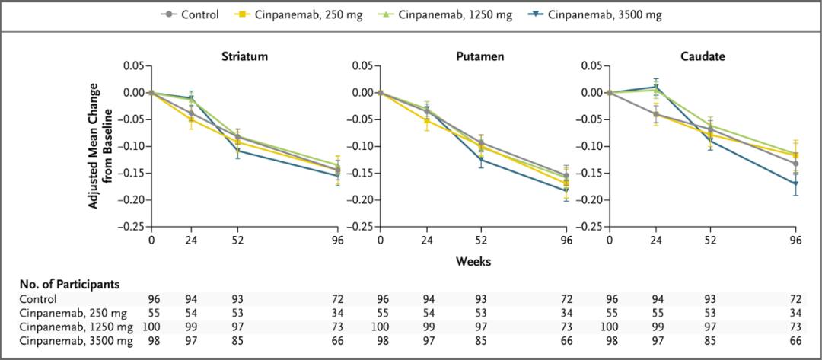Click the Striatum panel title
point(244,57)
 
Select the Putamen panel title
point(472,57)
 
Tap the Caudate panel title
point(702,57)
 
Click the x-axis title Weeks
point(473,261)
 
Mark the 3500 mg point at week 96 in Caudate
point(795,183)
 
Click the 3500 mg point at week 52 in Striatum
point(238,151)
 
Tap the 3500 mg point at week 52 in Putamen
point(481,159)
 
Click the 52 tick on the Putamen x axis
point(481,240)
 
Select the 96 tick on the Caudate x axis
point(795,240)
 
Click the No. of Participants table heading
point(69,284)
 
